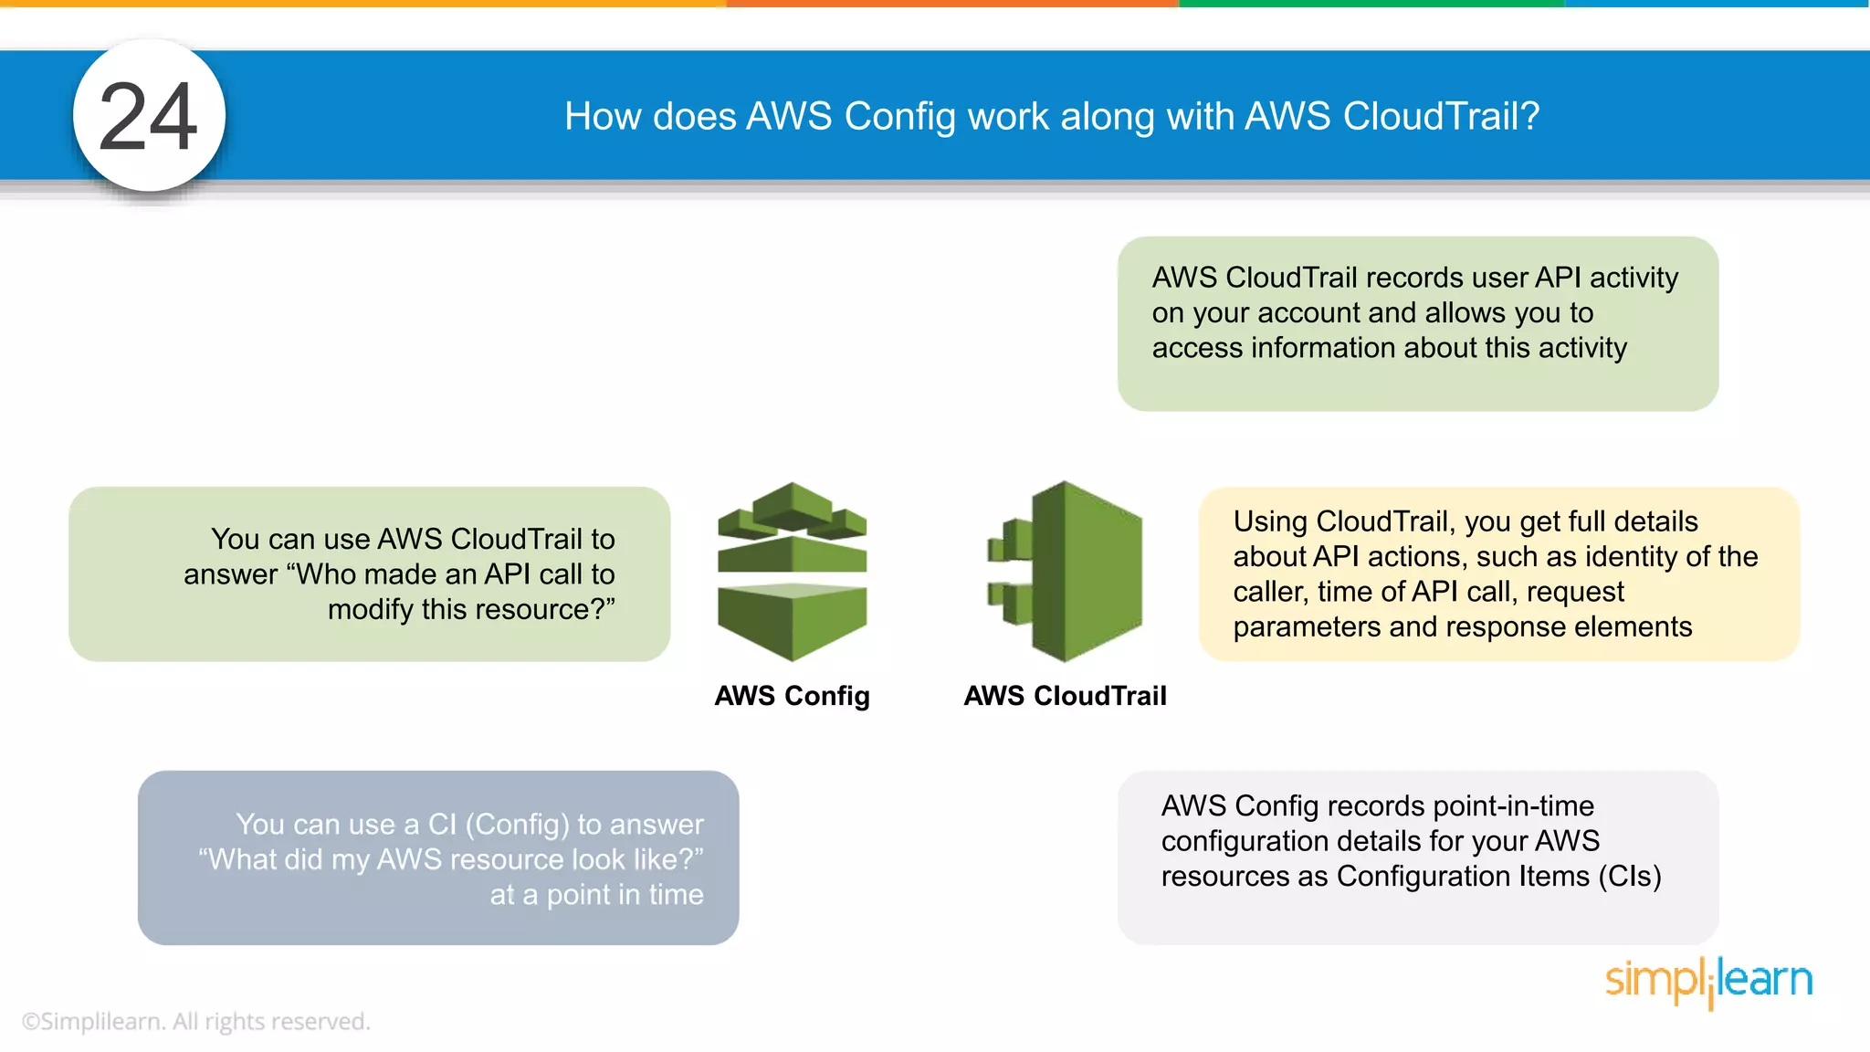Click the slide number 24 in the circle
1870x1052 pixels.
pos(148,117)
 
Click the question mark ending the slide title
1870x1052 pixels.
pos(1530,117)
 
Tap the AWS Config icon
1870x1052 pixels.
pos(792,572)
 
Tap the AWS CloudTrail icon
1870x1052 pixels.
pos(1066,572)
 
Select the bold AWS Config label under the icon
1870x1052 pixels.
pos(792,696)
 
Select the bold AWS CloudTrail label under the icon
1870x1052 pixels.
pos(1066,696)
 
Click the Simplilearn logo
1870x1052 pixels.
pos(1708,981)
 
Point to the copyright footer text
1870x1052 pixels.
pos(195,1021)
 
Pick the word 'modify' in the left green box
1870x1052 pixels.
pos(370,609)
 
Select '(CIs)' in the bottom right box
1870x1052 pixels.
pos(1630,877)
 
